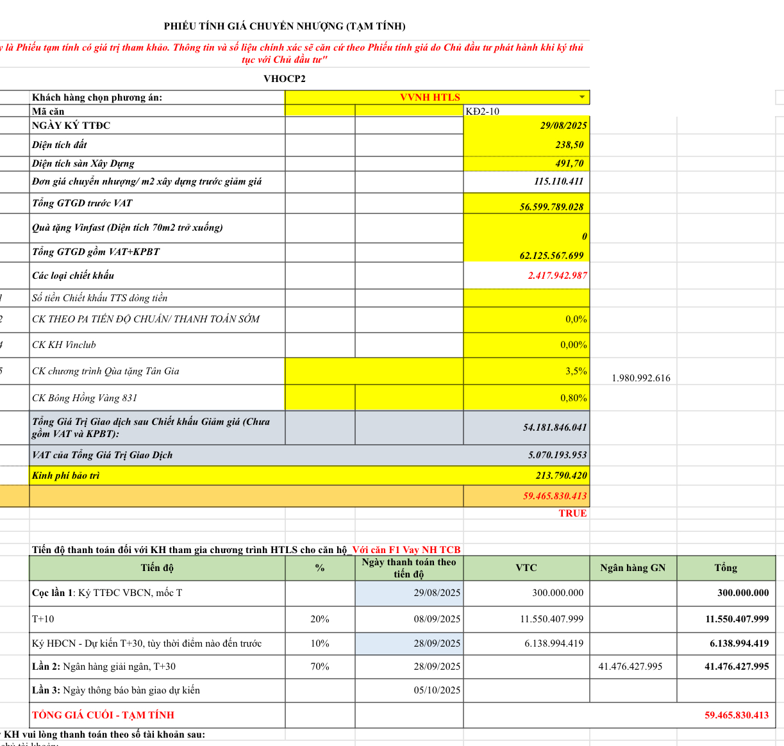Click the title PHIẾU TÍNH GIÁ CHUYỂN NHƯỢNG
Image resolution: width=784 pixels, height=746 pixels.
coord(285,26)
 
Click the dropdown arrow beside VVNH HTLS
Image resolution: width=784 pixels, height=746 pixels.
coord(582,97)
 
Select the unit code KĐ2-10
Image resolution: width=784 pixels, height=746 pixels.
coord(482,112)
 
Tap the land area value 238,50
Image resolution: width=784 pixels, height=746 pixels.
coord(569,145)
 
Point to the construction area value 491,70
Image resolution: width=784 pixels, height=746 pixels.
coord(569,163)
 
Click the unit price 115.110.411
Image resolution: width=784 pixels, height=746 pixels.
coord(558,181)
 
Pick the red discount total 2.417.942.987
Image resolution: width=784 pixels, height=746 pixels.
coord(557,276)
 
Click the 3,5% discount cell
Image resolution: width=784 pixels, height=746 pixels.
coord(576,371)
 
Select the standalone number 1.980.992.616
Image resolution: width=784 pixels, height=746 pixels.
coord(640,378)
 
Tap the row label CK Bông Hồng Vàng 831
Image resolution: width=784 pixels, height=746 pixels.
coord(85,398)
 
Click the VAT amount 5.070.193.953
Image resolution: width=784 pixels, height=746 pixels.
coord(557,455)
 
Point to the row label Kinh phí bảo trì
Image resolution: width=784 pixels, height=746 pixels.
coord(66,476)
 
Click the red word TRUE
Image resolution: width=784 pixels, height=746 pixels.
coord(572,513)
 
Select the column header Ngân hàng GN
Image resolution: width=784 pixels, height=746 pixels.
coord(633,568)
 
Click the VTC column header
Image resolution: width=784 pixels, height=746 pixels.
coord(526,568)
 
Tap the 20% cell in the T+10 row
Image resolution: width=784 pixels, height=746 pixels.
coord(319,619)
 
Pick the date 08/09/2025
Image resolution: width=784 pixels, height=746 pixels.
coord(437,619)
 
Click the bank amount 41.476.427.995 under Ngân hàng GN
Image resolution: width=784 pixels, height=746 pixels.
coord(630,667)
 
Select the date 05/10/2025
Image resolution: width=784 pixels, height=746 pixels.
coord(437,690)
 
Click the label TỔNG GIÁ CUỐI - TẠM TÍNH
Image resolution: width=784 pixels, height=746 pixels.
coord(103,715)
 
